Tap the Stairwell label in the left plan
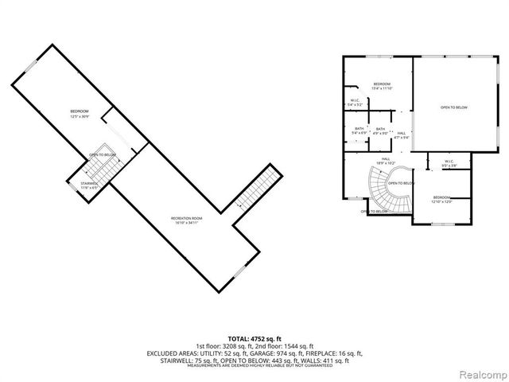[88, 185]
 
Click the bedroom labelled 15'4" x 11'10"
[382, 86]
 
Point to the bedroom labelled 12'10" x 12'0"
[441, 199]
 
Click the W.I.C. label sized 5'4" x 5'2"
[355, 102]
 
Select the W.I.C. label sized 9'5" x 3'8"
[449, 164]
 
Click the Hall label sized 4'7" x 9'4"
[402, 135]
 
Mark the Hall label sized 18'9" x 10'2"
[385, 161]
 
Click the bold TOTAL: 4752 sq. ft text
[254, 338]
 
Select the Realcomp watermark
[482, 372]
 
